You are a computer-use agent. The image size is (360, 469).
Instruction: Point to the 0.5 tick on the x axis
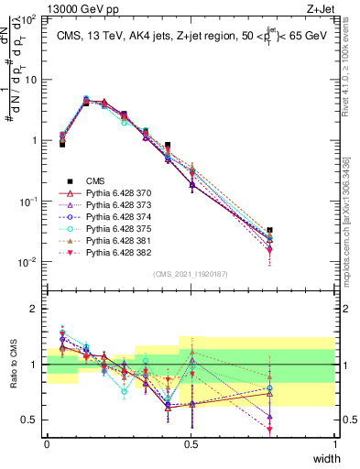pyautogui.click(x=191, y=442)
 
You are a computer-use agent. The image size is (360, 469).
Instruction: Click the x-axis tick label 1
pyautogui.click(x=335, y=442)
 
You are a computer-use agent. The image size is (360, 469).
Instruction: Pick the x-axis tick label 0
pyautogui.click(x=47, y=442)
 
